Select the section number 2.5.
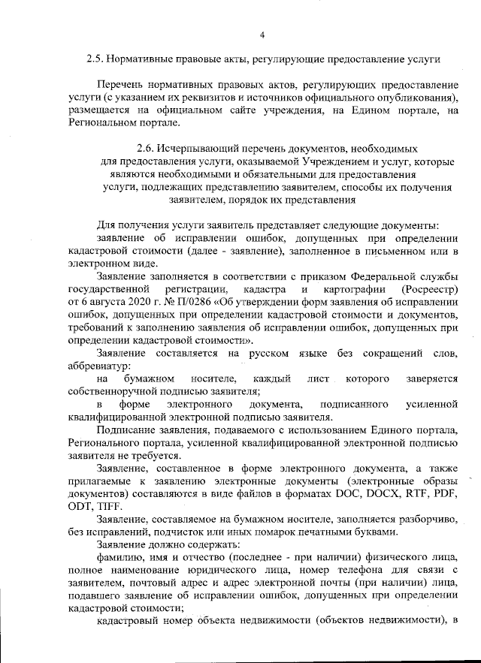(x=95, y=58)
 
